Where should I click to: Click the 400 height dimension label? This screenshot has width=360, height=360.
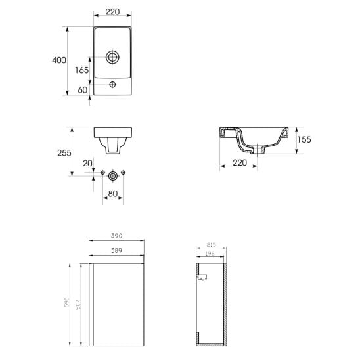pyautogui.click(x=59, y=60)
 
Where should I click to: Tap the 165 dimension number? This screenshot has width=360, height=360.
pyautogui.click(x=81, y=70)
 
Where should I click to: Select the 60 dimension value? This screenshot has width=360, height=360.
pyautogui.click(x=83, y=90)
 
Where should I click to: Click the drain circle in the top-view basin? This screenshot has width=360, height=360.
pyautogui.click(x=112, y=57)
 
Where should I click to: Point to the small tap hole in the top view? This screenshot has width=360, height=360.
pyautogui.click(x=112, y=85)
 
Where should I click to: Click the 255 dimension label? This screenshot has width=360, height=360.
pyautogui.click(x=64, y=153)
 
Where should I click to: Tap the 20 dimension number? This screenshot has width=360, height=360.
pyautogui.click(x=88, y=164)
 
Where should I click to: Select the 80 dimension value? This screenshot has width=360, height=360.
pyautogui.click(x=113, y=194)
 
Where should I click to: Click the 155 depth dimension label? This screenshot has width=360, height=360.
pyautogui.click(x=304, y=139)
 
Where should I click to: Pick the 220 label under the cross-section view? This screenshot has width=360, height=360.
pyautogui.click(x=240, y=163)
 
